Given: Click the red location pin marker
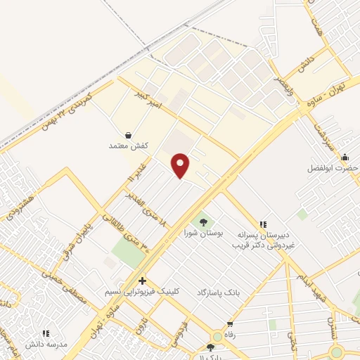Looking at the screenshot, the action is (181, 165).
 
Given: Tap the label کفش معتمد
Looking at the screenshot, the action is (127, 145).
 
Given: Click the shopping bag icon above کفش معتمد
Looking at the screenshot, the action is (127, 134).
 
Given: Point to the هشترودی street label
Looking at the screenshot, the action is (17, 206).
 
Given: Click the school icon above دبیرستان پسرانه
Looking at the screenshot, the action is (264, 224).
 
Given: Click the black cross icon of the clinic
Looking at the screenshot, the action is (142, 281).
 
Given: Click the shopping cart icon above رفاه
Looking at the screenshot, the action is (229, 323).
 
